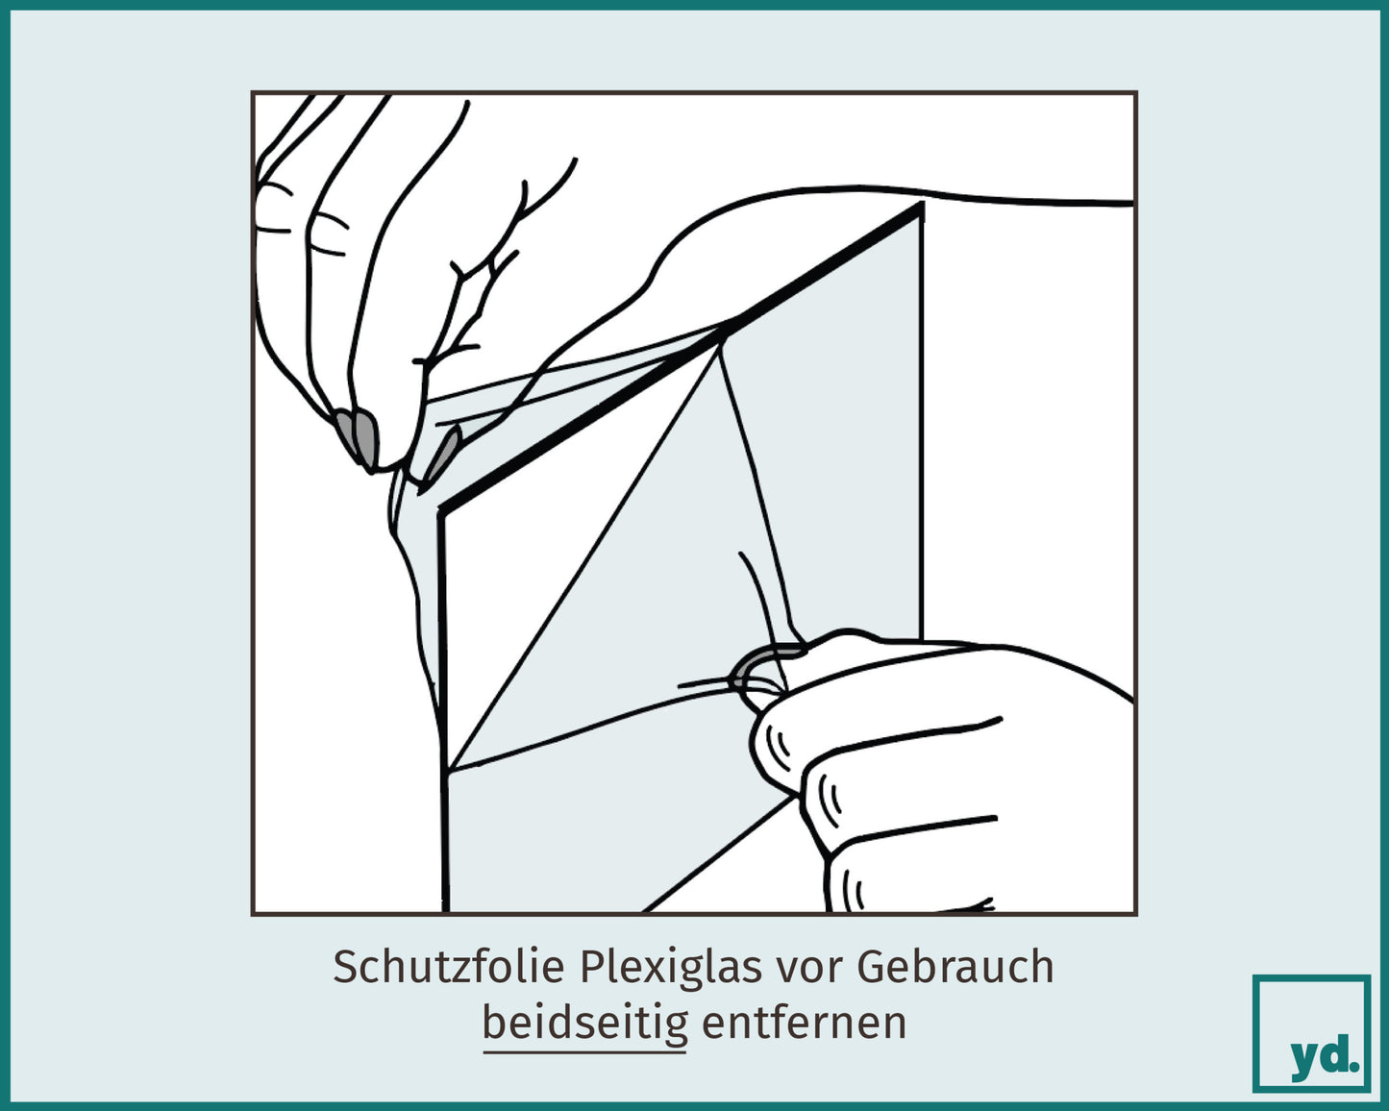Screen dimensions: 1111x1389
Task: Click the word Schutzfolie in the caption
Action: click(448, 967)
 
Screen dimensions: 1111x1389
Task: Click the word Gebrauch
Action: click(955, 967)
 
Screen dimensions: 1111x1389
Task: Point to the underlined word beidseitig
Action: click(584, 1023)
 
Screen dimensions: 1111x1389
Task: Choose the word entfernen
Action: click(804, 1023)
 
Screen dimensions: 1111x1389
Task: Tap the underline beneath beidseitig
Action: click(584, 1051)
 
